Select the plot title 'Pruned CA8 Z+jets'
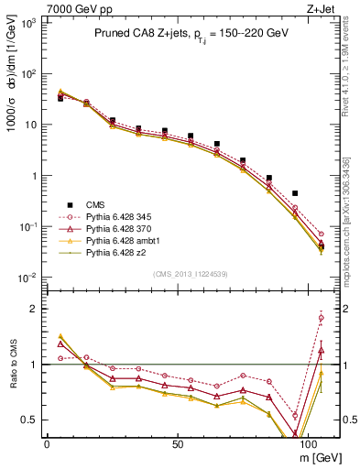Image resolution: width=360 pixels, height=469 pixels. (x=137, y=33)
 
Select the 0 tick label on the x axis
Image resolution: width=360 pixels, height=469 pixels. (x=47, y=443)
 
